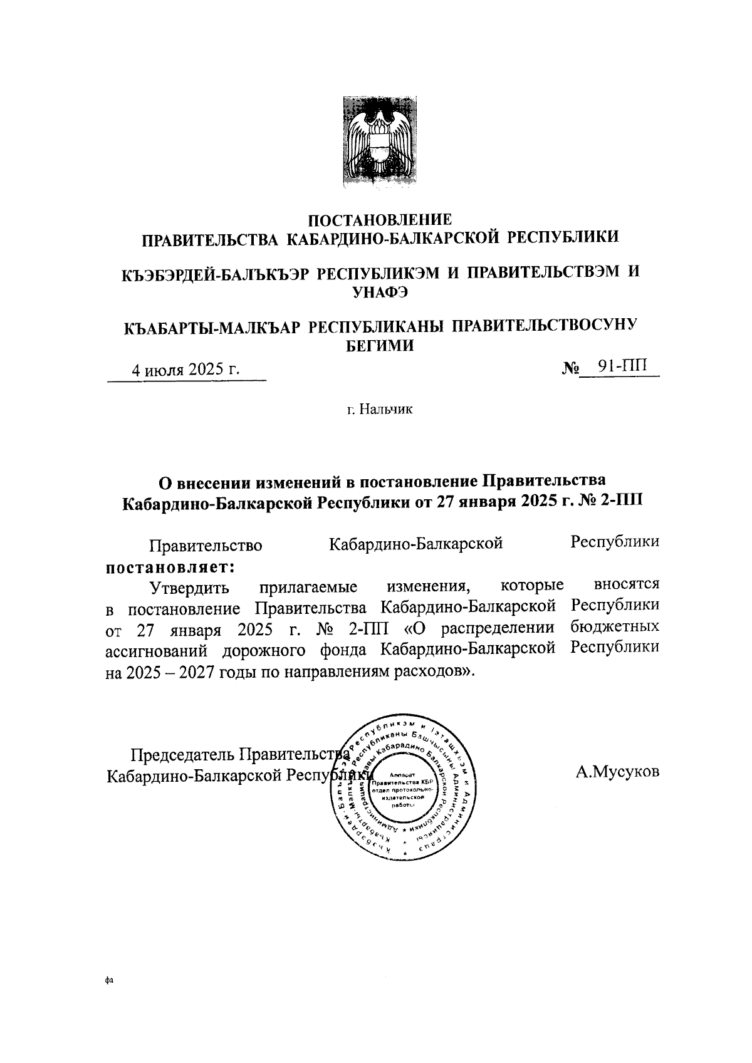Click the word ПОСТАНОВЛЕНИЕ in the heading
coord(380,220)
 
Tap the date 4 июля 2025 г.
coord(185,370)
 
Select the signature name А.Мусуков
coord(617,772)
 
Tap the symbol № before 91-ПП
coord(569,368)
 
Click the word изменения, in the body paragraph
coord(429,587)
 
